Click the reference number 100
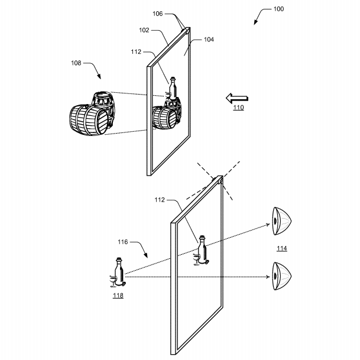[x=278, y=9]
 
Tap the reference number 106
[x=157, y=14]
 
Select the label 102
[x=144, y=30]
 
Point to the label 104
[x=209, y=40]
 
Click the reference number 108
[x=76, y=63]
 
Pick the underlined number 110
[x=238, y=108]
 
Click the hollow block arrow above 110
[x=236, y=98]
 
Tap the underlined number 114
[x=282, y=248]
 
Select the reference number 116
[x=122, y=242]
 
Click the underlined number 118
[x=118, y=295]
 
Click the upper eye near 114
[x=282, y=221]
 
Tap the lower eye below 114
[x=282, y=276]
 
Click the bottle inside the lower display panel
[x=202, y=250]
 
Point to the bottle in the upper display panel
[x=173, y=89]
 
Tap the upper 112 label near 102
[x=136, y=52]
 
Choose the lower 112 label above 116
[x=160, y=200]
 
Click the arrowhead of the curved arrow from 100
[x=255, y=23]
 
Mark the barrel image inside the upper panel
[x=167, y=113]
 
